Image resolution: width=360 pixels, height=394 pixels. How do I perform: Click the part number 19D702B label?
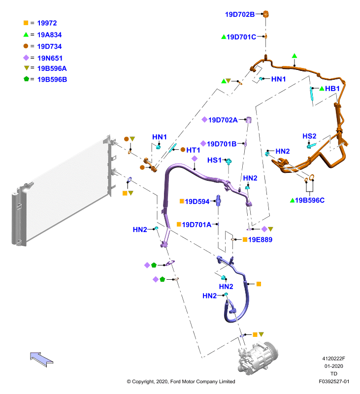[x=240, y=15]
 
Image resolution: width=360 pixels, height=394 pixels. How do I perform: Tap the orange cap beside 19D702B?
[x=265, y=14]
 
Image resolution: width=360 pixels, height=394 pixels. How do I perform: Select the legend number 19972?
[x=47, y=23]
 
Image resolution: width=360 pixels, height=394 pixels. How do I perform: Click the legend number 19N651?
[x=50, y=58]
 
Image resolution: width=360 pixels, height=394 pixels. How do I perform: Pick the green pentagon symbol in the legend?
[x=26, y=79]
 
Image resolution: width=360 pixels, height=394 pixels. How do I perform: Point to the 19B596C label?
[x=310, y=200]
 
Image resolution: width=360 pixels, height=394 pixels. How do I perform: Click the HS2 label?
[x=309, y=136]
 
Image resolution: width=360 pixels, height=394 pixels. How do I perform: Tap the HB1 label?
[x=332, y=89]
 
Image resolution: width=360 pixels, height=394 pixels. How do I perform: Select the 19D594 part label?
[x=197, y=201]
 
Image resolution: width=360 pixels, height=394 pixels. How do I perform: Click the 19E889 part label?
[x=260, y=240]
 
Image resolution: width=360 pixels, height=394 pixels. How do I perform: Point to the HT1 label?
[x=193, y=150]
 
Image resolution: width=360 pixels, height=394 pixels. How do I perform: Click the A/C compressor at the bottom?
[x=258, y=358]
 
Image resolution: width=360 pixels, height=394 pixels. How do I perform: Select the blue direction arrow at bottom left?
[x=41, y=359]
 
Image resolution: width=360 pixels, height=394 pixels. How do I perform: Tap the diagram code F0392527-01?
[x=334, y=381]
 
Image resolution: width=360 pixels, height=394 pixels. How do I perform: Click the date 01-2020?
[x=333, y=366]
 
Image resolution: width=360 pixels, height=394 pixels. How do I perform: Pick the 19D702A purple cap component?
[x=249, y=120]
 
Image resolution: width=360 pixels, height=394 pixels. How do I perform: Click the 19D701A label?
[x=196, y=225]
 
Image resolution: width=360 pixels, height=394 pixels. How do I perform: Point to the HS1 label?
[x=214, y=160]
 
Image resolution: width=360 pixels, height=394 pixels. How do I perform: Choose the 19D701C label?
[x=241, y=37]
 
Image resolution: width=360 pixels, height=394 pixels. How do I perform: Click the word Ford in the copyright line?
[x=175, y=381]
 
